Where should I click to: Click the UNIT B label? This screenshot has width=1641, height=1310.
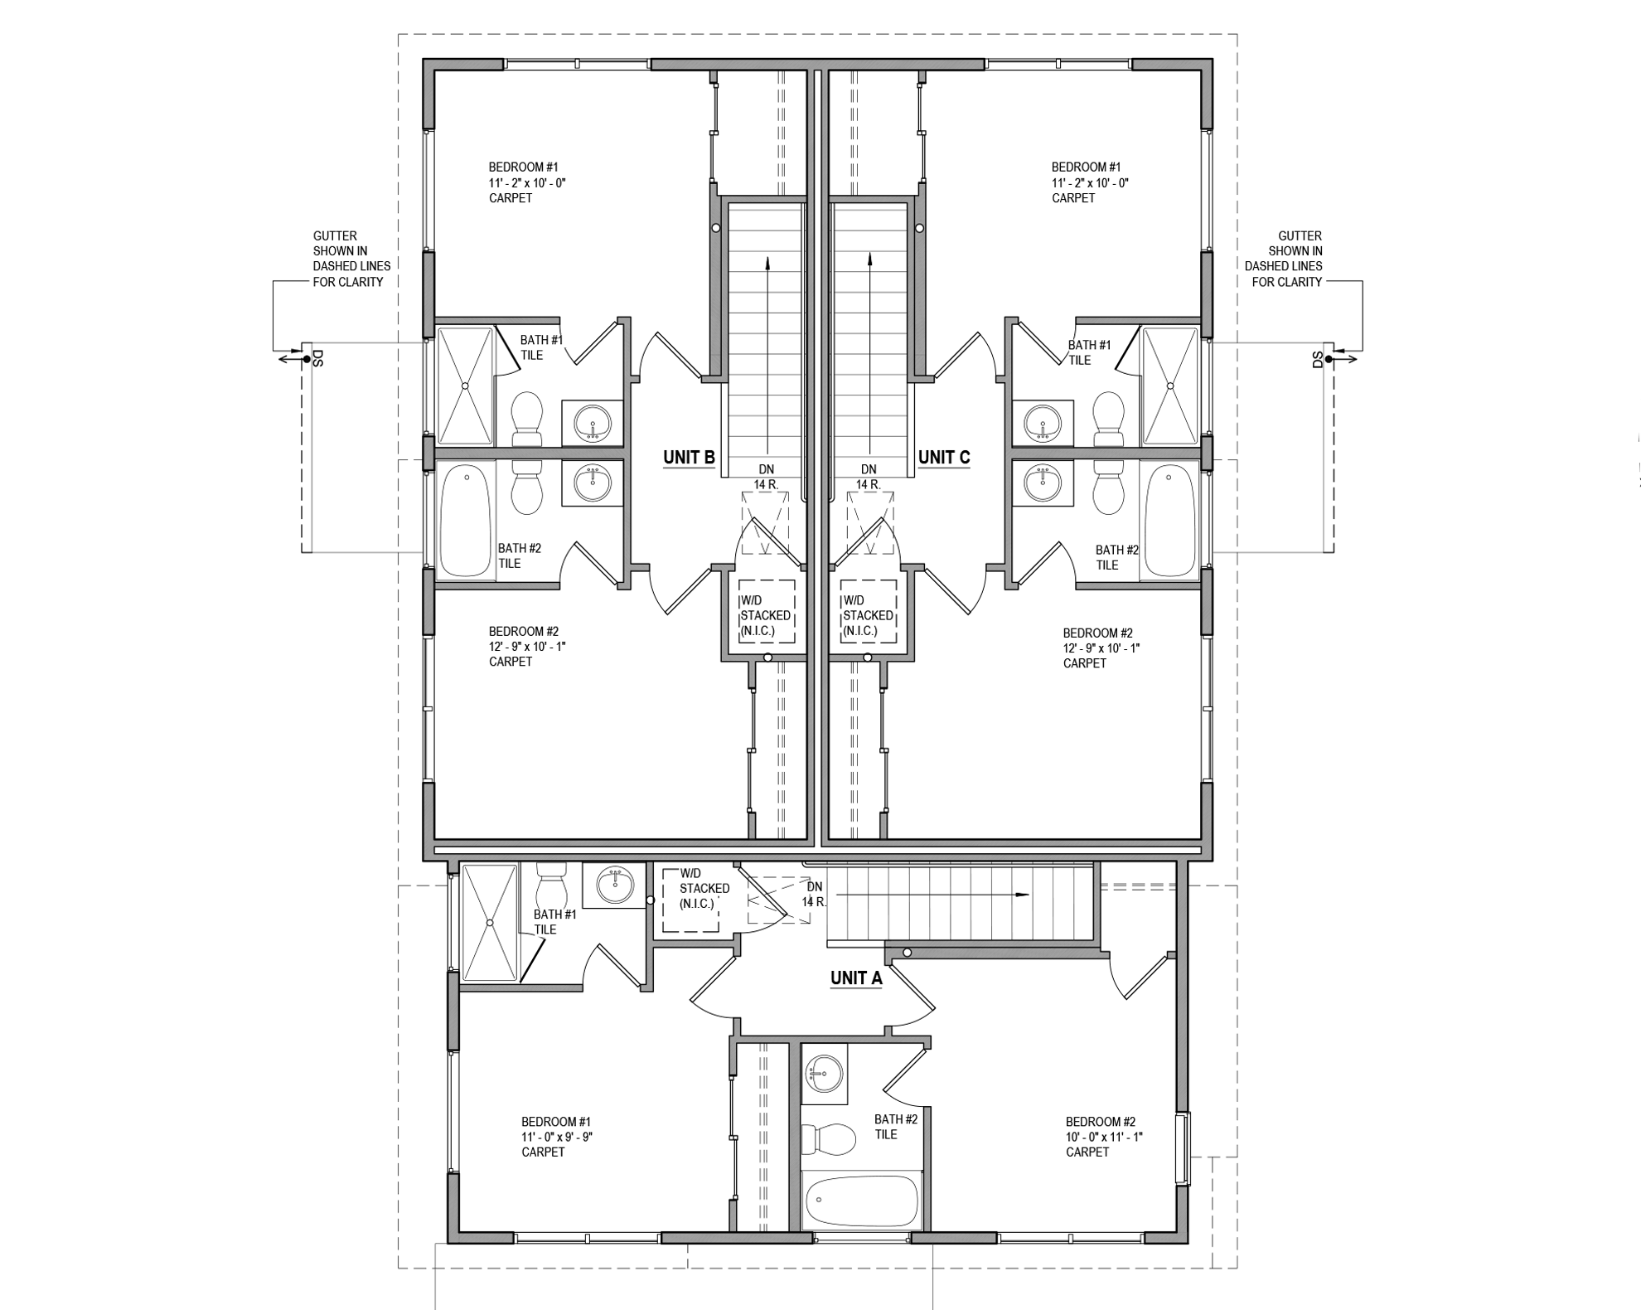(x=689, y=458)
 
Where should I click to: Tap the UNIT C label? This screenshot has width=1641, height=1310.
(x=943, y=458)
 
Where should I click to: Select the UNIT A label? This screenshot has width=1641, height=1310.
(x=856, y=978)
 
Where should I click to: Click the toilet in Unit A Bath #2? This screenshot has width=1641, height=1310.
(x=828, y=1139)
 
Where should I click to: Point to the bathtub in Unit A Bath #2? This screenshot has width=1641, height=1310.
(x=862, y=1200)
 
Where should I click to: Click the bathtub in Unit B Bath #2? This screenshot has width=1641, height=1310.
(x=466, y=521)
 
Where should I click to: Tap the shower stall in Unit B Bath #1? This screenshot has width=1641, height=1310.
(x=465, y=386)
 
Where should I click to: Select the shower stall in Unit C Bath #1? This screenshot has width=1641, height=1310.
(x=1169, y=386)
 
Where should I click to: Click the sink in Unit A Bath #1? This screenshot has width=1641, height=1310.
(x=613, y=885)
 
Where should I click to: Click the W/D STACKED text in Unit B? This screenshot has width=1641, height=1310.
(x=765, y=616)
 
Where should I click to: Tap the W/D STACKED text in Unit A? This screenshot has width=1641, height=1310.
(x=704, y=889)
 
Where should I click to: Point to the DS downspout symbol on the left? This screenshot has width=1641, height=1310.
(x=307, y=358)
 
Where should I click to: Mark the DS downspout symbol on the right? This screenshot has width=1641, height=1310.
(x=1328, y=358)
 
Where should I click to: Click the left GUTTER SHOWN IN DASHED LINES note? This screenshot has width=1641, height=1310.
(x=351, y=259)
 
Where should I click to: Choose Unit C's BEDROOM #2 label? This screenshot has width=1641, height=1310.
(x=1097, y=633)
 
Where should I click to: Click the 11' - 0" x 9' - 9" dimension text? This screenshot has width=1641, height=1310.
(x=557, y=1137)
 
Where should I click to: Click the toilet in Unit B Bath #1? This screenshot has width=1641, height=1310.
(x=527, y=419)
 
